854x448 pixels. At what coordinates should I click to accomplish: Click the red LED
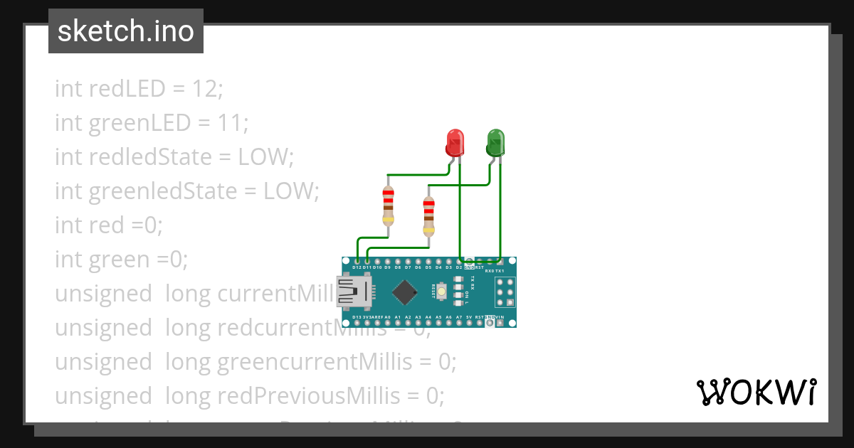pyautogui.click(x=454, y=142)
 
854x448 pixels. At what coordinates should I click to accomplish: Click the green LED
pyautogui.click(x=495, y=142)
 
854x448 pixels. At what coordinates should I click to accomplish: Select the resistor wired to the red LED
pyautogui.click(x=388, y=206)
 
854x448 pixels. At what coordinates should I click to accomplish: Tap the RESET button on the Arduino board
pyautogui.click(x=442, y=292)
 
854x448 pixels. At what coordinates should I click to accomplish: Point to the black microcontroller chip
pyautogui.click(x=404, y=292)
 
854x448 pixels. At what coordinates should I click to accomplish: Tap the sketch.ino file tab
pyautogui.click(x=126, y=31)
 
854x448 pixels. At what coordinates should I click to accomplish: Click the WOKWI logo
pyautogui.click(x=755, y=393)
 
